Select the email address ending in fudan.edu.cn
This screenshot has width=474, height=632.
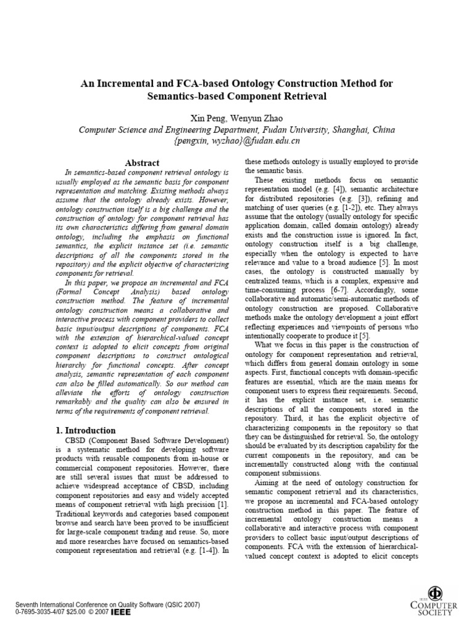[x=237, y=141]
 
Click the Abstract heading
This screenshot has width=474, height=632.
[x=143, y=163]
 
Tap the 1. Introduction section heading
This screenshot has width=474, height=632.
[x=81, y=430]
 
